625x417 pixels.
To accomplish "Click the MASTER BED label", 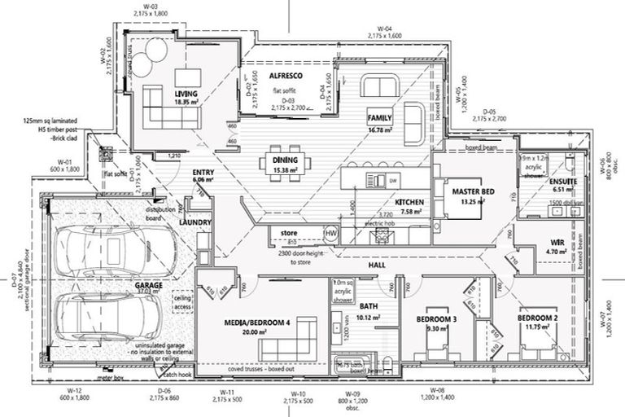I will point(473,191).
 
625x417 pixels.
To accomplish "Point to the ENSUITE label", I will point(562,181).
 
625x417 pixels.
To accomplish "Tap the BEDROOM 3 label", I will point(437,318).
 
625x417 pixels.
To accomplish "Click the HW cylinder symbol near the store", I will point(330,234).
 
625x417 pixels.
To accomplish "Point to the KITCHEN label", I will point(408,201).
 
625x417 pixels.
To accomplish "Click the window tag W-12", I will point(76,392).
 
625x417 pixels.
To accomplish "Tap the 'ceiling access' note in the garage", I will point(184,303).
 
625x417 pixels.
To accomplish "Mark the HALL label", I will point(376,266).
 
